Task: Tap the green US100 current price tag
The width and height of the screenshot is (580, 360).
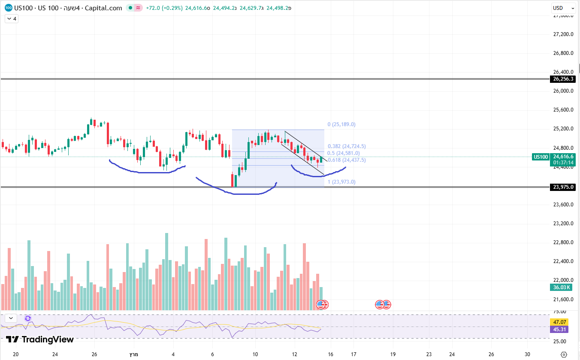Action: point(541,157)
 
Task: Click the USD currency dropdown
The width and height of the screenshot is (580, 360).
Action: point(563,8)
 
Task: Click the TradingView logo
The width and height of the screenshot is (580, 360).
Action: point(40,339)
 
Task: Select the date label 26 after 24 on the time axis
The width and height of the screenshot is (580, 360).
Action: point(94,354)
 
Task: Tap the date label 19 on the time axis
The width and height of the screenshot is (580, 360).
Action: point(393,354)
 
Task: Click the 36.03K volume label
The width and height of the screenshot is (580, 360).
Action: point(562,287)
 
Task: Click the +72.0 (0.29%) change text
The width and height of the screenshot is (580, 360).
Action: point(164,8)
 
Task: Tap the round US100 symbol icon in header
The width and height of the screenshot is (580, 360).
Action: point(9,8)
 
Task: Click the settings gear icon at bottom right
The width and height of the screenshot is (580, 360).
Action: point(564,354)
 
